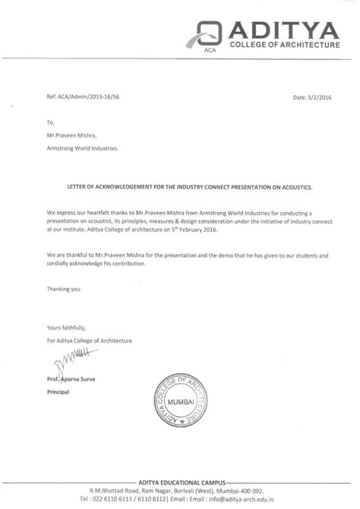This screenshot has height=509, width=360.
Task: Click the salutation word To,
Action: (x=51, y=122)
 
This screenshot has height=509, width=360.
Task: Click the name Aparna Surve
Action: (x=88, y=378)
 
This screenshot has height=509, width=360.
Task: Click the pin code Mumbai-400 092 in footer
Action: (x=267, y=492)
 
